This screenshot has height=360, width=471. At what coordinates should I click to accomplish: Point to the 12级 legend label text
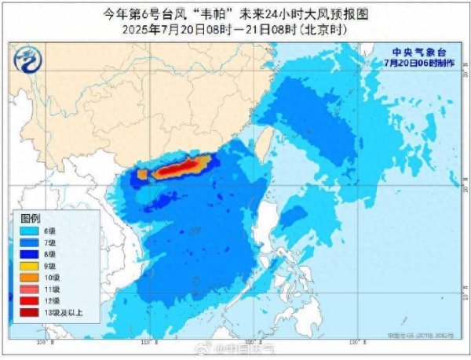pos(49,301)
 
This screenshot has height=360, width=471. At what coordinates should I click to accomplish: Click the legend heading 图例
pos(30,217)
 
